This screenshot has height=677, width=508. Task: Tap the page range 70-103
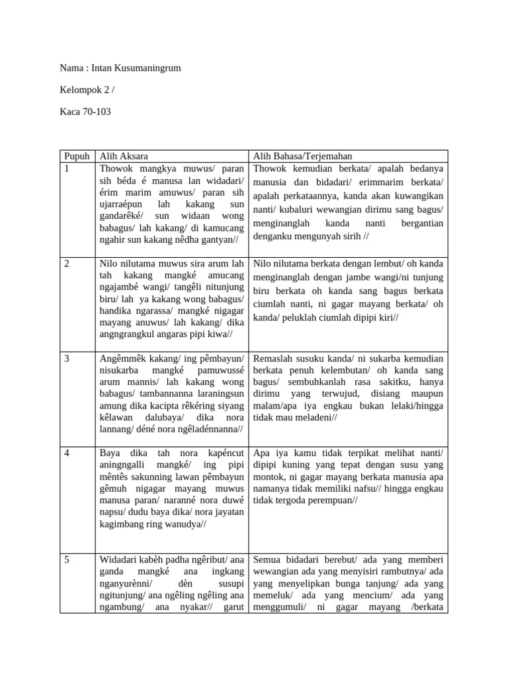[x=95, y=112]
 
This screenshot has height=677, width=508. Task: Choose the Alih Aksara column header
[x=124, y=157]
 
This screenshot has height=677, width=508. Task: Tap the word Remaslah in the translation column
[x=273, y=358]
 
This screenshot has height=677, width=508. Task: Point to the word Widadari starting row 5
[x=119, y=560]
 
